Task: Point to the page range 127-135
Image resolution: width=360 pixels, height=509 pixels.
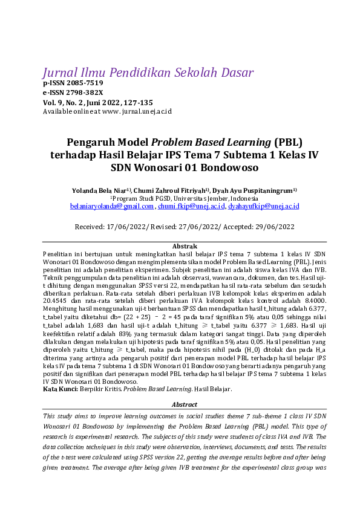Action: [x=139, y=103]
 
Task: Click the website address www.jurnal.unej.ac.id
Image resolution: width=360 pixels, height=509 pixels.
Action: [x=137, y=112]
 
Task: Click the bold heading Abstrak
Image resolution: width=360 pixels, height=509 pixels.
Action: [x=185, y=247]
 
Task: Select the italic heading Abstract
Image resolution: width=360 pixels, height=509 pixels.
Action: [x=185, y=405]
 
